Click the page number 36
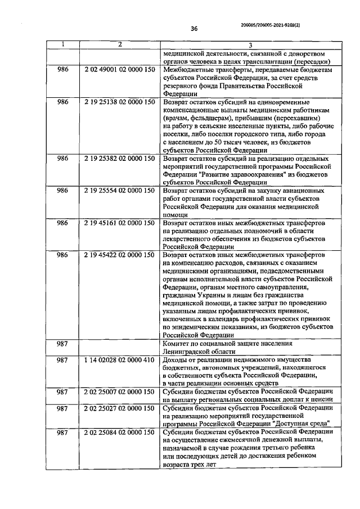point(195,29)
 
